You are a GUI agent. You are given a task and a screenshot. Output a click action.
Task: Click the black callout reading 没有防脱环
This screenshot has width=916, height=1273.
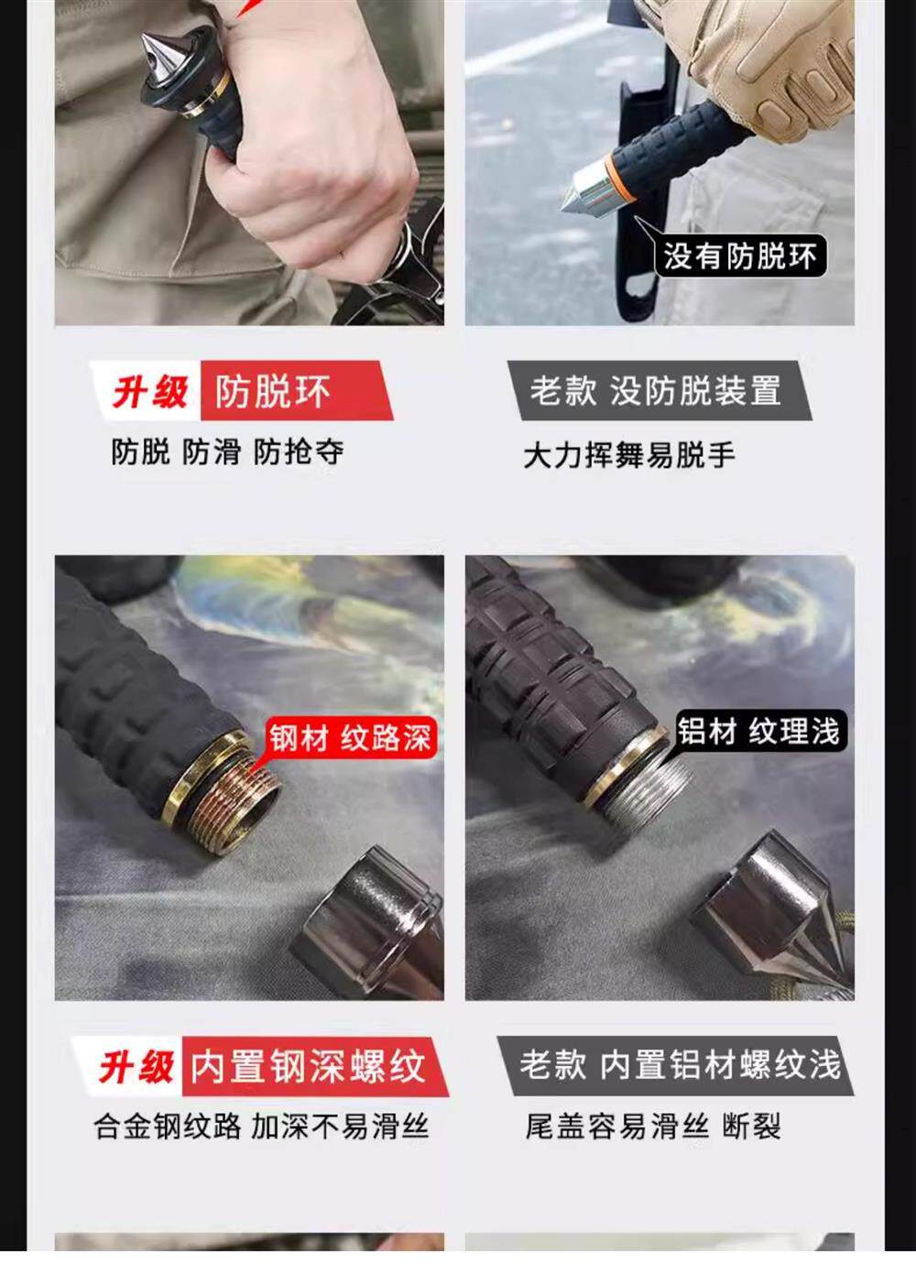[x=740, y=256]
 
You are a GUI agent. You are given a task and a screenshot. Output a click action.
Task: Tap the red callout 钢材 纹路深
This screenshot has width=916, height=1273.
[x=350, y=737]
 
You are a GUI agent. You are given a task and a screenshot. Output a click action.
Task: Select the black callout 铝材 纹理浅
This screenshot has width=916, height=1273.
[x=758, y=730]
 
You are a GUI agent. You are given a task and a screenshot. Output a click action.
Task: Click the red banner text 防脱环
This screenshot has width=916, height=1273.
[x=272, y=391]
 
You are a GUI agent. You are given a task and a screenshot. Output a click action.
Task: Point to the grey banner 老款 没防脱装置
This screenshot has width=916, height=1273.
[x=660, y=390]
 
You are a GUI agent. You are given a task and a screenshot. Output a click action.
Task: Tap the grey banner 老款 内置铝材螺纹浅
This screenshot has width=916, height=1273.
[x=676, y=1065]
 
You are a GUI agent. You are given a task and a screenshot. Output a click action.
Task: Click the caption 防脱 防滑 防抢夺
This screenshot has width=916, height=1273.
[x=227, y=452]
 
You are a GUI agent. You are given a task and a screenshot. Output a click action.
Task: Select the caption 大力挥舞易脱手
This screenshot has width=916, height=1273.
[x=629, y=455]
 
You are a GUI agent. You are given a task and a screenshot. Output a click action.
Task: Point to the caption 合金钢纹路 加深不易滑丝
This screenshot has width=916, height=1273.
[x=261, y=1126]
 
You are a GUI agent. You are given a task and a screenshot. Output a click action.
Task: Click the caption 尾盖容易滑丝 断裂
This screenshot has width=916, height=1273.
[x=653, y=1126]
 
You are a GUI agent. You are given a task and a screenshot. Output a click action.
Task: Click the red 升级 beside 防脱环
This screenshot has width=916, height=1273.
[x=150, y=392]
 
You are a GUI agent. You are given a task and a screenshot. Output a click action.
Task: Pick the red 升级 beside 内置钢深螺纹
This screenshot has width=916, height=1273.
[x=136, y=1066]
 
